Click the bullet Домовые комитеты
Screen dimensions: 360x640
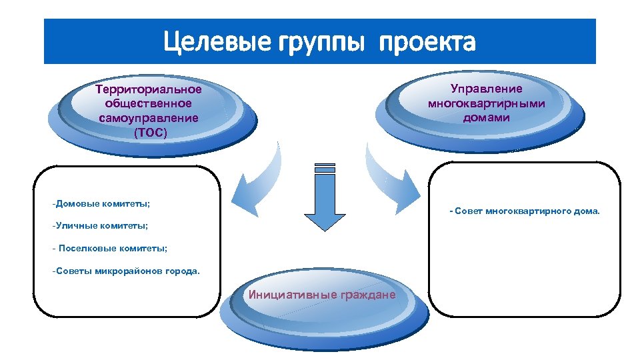[x=101, y=202]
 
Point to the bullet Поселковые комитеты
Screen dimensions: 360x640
[x=110, y=248]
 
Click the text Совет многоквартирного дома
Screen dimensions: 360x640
[x=525, y=211]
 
